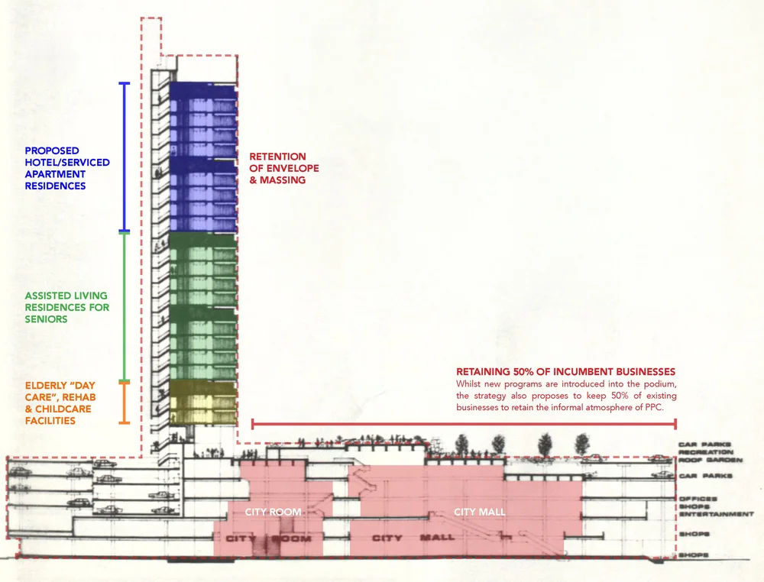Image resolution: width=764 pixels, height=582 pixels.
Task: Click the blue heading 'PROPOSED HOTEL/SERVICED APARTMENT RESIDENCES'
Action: (67, 168)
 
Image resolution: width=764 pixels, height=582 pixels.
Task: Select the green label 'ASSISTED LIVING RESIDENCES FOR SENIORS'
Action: (67, 307)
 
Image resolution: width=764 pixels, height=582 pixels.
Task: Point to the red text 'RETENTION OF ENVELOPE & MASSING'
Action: (284, 168)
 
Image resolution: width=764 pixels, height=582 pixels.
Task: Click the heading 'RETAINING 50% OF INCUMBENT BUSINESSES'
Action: (565, 371)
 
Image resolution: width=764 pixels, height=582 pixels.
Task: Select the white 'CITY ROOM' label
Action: (273, 512)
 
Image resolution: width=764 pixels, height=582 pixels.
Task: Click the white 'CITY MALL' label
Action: (479, 512)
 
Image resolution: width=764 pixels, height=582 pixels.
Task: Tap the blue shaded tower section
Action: (202, 157)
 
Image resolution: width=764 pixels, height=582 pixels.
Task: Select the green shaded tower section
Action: (202, 306)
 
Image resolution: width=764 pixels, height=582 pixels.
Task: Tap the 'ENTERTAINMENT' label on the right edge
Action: (715, 514)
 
